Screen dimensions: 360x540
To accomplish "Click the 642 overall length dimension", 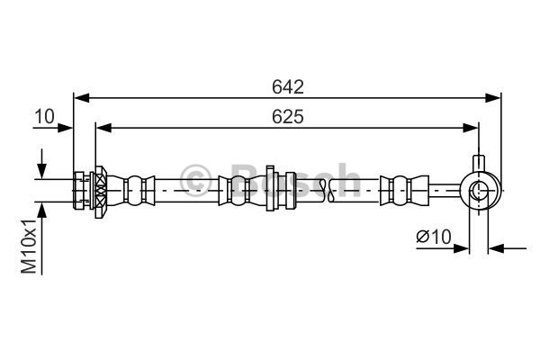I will [x=288, y=86].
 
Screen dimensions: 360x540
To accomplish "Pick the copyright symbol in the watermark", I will [x=196, y=177].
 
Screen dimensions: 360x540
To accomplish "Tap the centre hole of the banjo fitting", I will [x=480, y=191].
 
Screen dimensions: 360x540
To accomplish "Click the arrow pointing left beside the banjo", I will [x=495, y=248].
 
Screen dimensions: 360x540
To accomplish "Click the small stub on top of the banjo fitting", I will [x=480, y=165].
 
